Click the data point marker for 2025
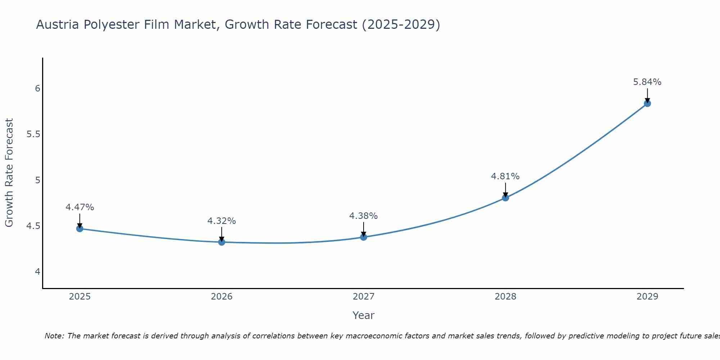tap(80, 229)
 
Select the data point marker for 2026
tap(222, 242)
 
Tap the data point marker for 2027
tap(364, 237)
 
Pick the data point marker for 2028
tap(505, 198)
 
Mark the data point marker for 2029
tap(647, 104)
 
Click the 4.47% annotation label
tap(80, 207)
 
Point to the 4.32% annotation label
tap(222, 221)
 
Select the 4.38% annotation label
tap(364, 216)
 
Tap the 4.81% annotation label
tap(505, 176)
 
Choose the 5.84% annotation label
tap(647, 82)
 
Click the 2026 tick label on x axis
tap(222, 297)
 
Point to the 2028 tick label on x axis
tap(505, 297)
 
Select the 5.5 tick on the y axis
tap(33, 135)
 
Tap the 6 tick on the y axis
tap(38, 89)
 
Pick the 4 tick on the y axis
tap(38, 272)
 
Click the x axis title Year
tap(364, 315)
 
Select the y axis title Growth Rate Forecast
tap(9, 173)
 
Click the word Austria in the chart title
tap(58, 24)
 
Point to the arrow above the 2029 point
tap(647, 95)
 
